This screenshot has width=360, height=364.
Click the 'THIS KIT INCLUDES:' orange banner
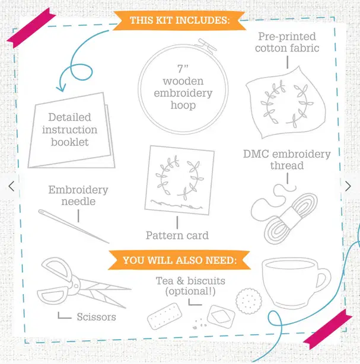click(179, 20)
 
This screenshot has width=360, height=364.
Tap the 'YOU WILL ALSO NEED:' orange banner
click(179, 260)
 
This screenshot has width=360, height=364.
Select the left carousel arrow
click(11, 186)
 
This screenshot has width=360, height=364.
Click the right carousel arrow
click(348, 186)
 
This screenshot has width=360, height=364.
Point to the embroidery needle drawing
click(74, 226)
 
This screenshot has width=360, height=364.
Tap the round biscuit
click(249, 301)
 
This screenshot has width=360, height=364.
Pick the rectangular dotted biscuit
click(164, 316)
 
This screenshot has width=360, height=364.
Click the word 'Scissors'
click(97, 317)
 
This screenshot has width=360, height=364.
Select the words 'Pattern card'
click(177, 235)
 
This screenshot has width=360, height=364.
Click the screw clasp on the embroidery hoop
click(206, 46)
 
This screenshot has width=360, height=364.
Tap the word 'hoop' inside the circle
click(183, 106)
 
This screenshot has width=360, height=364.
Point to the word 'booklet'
click(69, 142)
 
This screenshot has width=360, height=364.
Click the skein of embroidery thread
click(291, 218)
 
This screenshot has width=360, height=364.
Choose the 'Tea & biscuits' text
click(190, 281)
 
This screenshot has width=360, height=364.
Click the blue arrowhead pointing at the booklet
click(61, 88)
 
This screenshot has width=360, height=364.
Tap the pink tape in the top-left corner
click(31, 28)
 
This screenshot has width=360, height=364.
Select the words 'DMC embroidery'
click(287, 154)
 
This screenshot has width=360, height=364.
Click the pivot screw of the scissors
click(76, 285)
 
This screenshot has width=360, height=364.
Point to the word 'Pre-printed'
click(287, 37)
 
